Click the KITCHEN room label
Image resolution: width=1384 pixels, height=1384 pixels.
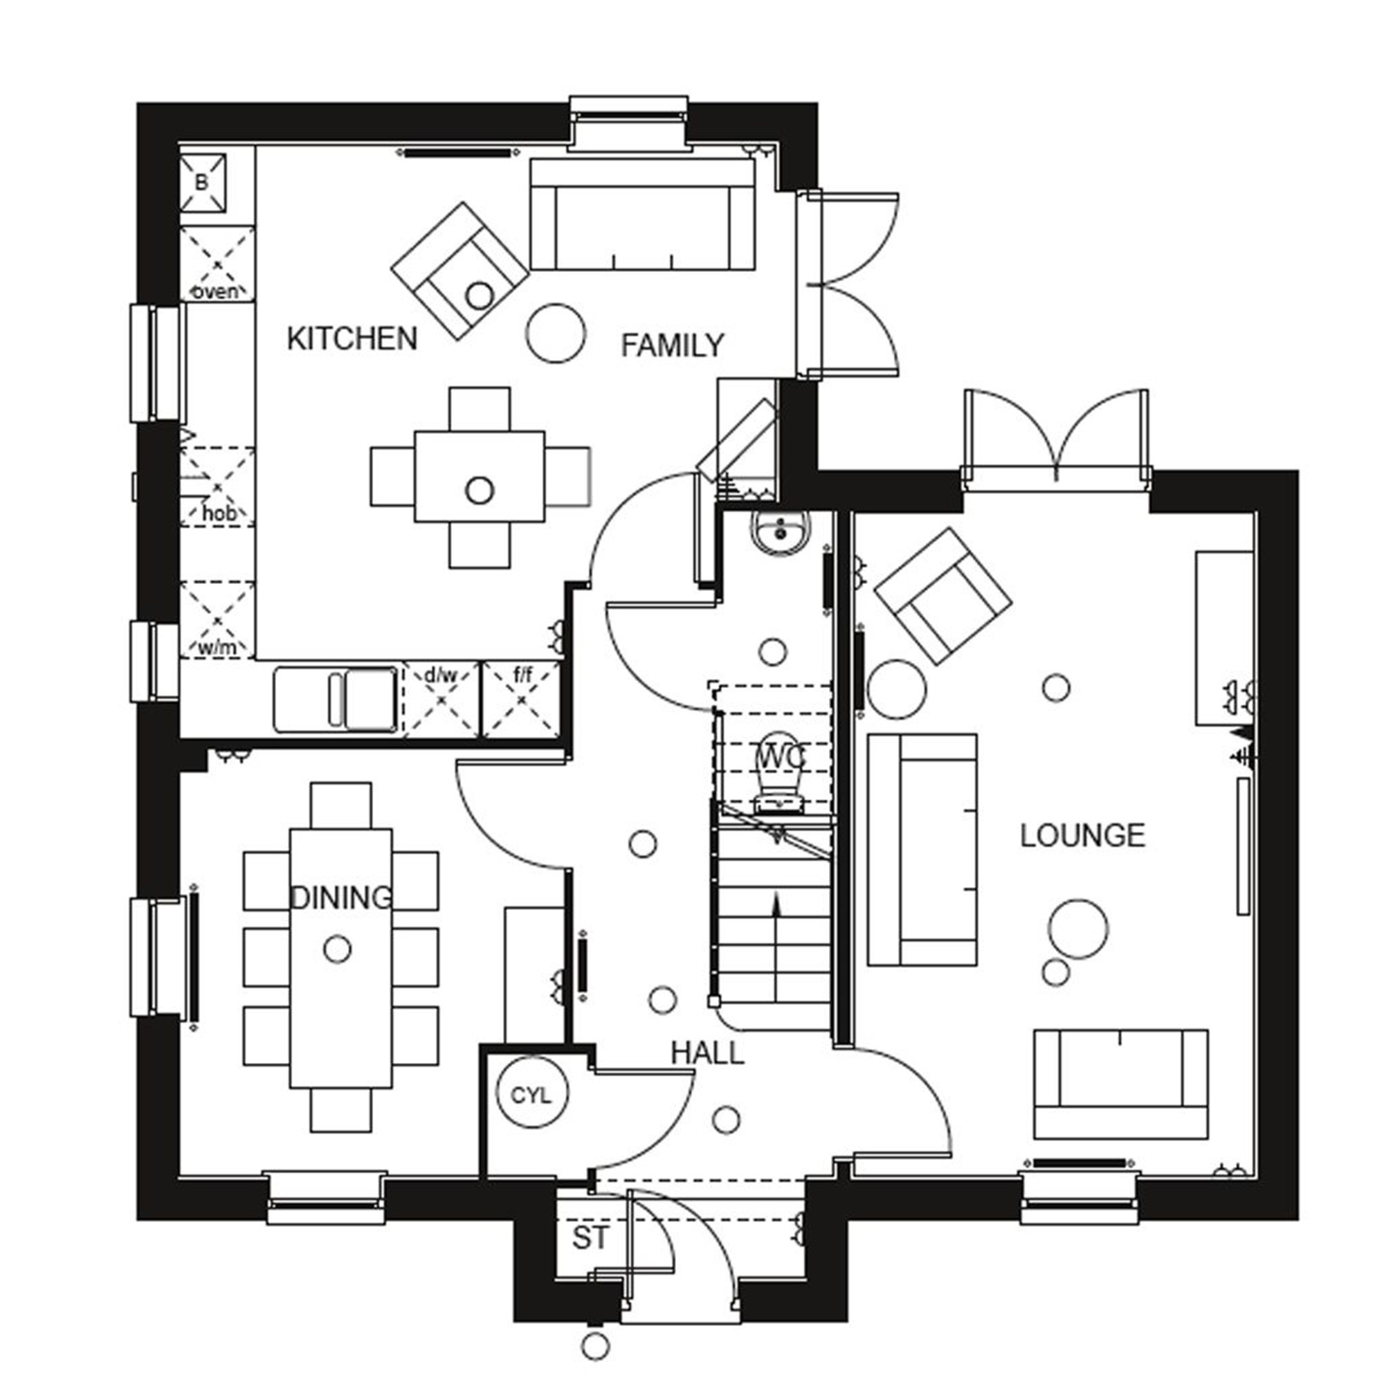click(352, 338)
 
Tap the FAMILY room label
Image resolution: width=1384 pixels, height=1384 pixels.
click(672, 345)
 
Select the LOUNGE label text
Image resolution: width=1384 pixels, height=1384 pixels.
click(1082, 836)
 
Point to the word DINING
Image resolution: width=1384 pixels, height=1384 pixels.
click(341, 898)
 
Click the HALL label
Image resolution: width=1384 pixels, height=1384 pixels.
click(707, 1053)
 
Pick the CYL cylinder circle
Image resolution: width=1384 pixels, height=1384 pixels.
click(532, 1095)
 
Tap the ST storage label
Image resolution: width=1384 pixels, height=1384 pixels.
click(590, 1238)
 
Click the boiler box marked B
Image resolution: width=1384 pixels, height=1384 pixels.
click(202, 183)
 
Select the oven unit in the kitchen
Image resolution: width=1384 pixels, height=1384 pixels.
click(217, 264)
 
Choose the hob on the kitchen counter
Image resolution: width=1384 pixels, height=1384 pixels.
click(217, 487)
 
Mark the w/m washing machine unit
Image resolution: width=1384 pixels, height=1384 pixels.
click(217, 620)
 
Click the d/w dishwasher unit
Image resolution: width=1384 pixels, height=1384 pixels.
click(441, 699)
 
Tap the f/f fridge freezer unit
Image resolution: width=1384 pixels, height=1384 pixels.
click(522, 699)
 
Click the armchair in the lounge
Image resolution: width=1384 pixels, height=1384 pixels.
click(942, 595)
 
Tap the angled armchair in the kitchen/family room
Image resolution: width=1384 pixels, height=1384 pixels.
click(460, 270)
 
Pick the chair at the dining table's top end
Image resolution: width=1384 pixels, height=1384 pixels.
click(341, 805)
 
